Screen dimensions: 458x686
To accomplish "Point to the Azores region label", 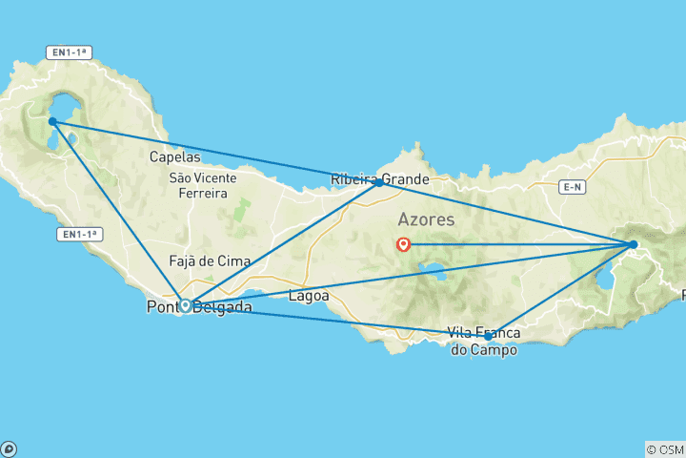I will [x=426, y=219].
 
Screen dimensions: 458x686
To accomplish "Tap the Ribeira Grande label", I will [x=379, y=178].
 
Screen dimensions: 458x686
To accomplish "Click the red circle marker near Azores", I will [x=403, y=244].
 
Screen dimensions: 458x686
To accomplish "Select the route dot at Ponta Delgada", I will [x=185, y=305].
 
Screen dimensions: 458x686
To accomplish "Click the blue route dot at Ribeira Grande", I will [x=379, y=182].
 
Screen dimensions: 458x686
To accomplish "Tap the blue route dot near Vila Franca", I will [x=488, y=336].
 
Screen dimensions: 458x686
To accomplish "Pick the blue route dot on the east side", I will [x=633, y=245].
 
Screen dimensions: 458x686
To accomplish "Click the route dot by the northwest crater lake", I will [x=52, y=121].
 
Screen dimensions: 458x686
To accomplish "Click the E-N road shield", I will [x=573, y=188].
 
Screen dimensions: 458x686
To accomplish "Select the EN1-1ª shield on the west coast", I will [x=81, y=233].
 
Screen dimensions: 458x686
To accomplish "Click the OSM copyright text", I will [x=664, y=449].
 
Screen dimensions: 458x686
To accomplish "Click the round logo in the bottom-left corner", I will [x=9, y=448].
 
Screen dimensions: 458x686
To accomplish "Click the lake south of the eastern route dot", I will [x=603, y=281].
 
